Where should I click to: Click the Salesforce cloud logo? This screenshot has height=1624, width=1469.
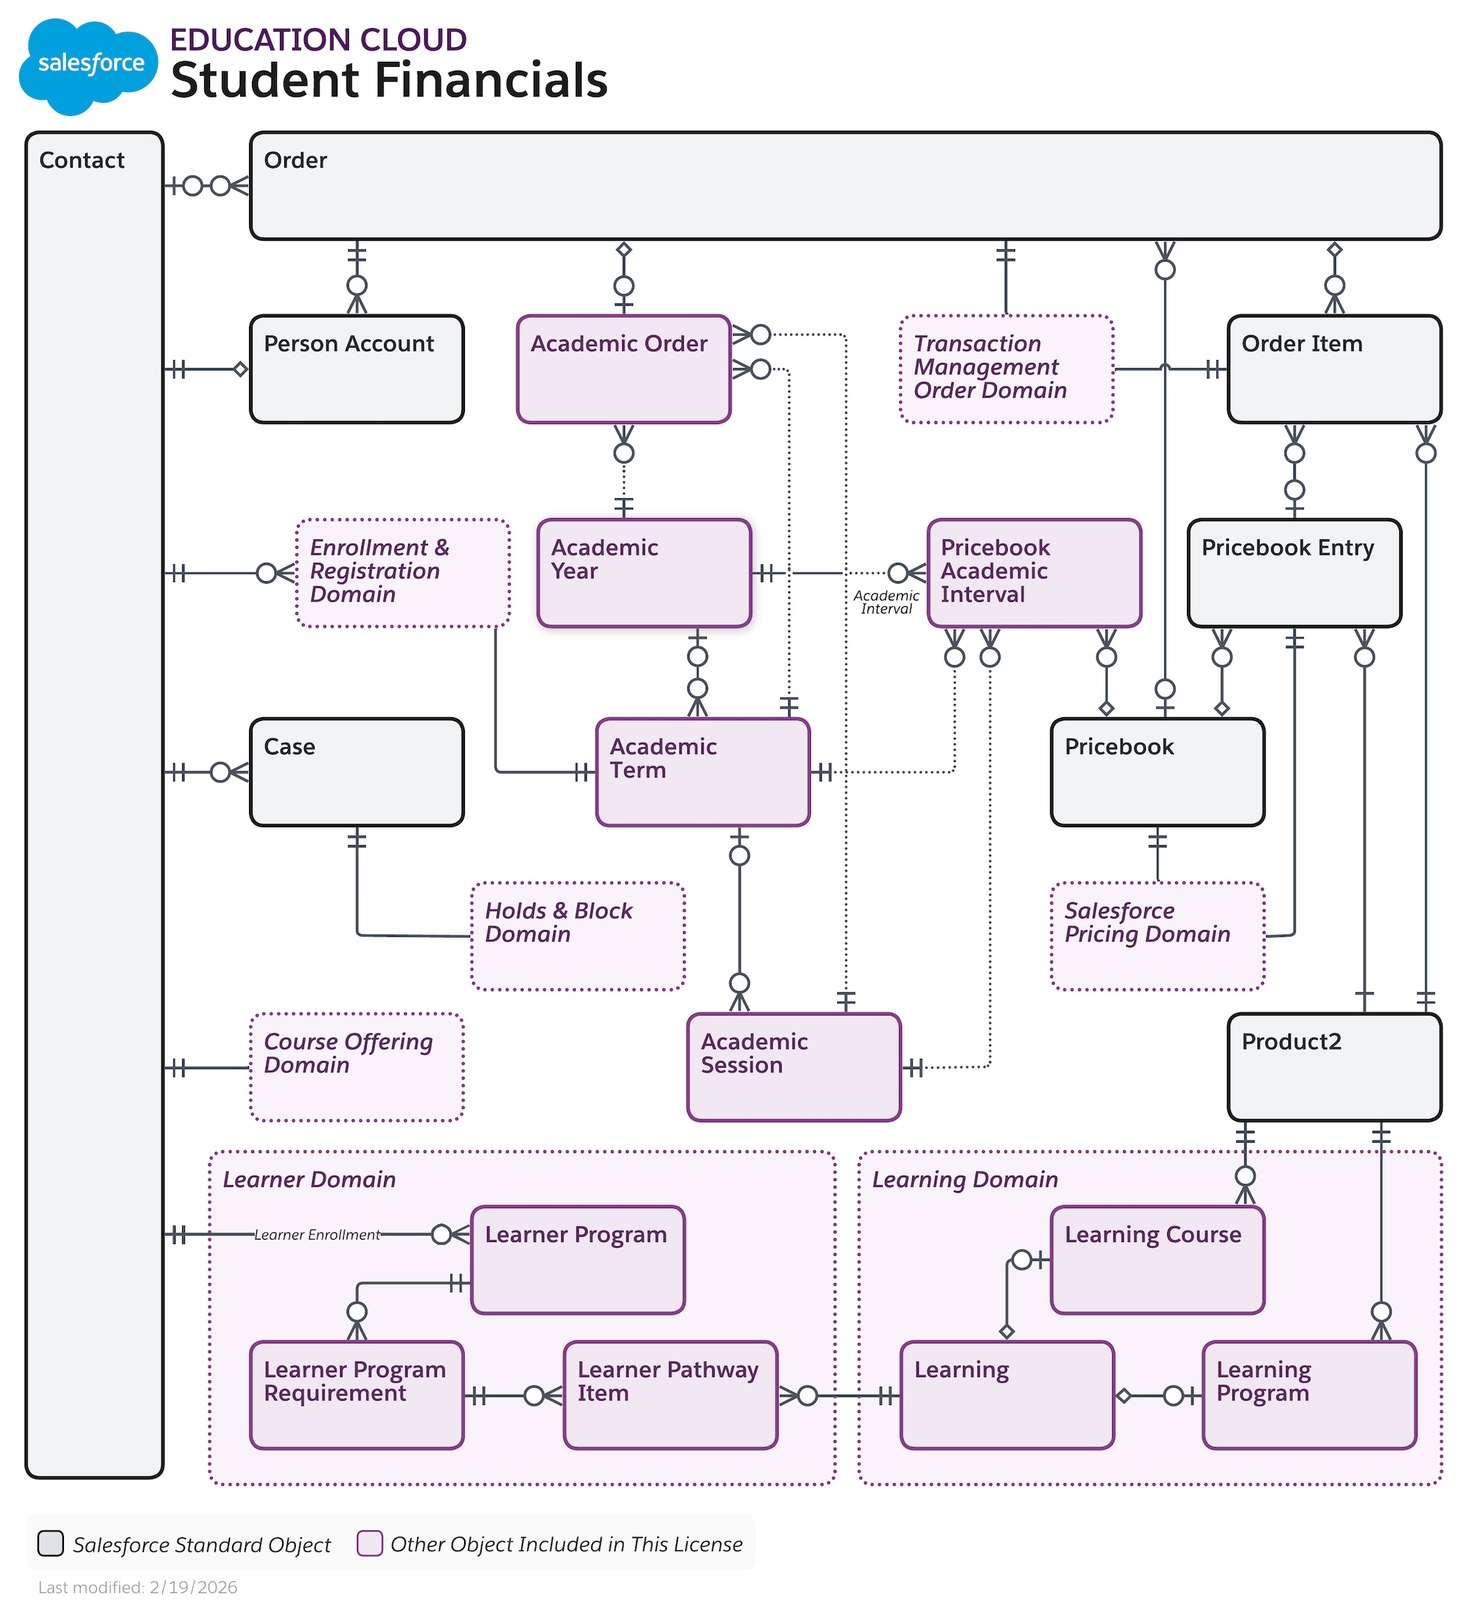point(89,65)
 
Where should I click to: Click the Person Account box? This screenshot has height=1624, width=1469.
point(356,369)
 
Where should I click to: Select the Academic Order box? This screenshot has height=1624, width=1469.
point(624,369)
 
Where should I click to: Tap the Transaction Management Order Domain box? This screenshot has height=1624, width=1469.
point(1006,369)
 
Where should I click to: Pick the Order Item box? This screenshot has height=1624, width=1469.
point(1334,369)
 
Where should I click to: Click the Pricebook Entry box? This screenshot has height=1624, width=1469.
point(1293,572)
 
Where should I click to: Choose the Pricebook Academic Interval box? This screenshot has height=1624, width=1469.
point(1033,572)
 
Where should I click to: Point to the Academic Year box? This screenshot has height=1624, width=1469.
point(643,572)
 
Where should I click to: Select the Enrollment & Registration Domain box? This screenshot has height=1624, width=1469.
point(402,572)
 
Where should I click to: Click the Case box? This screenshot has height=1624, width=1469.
point(356,772)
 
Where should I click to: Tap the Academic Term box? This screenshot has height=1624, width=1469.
point(702,772)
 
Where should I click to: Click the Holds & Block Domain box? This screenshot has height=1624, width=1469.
point(577,936)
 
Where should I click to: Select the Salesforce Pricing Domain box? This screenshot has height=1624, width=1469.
point(1157,936)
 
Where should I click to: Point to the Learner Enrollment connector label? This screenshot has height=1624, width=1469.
point(317,1234)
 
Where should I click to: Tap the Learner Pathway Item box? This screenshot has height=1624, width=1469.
point(670,1395)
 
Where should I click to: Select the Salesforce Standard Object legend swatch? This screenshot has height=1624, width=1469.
point(51,1543)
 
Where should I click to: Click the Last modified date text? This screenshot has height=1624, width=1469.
point(138,1587)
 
